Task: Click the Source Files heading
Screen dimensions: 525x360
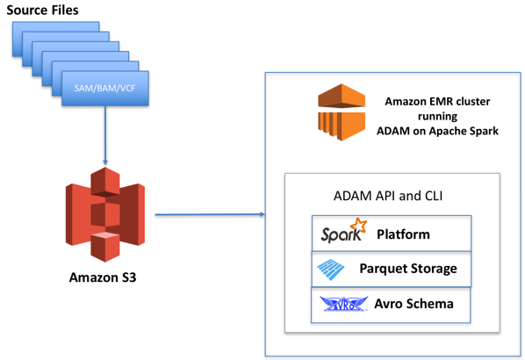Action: [42, 10]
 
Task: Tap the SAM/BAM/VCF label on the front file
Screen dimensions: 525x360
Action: [104, 89]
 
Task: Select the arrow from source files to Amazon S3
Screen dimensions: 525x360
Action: [105, 135]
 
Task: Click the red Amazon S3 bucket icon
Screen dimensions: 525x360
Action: [105, 214]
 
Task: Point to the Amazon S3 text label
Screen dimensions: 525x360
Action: [103, 277]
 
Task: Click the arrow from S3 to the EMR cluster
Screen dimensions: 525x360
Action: [210, 214]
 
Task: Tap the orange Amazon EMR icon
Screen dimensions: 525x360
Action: [342, 112]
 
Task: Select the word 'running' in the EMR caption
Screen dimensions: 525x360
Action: [437, 117]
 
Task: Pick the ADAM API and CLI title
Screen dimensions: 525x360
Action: [388, 196]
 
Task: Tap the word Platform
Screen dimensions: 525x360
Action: [403, 234]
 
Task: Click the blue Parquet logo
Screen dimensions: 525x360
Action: [330, 270]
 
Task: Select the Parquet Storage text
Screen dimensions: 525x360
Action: [408, 269]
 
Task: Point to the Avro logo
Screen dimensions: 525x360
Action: [343, 304]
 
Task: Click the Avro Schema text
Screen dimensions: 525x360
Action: [414, 304]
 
